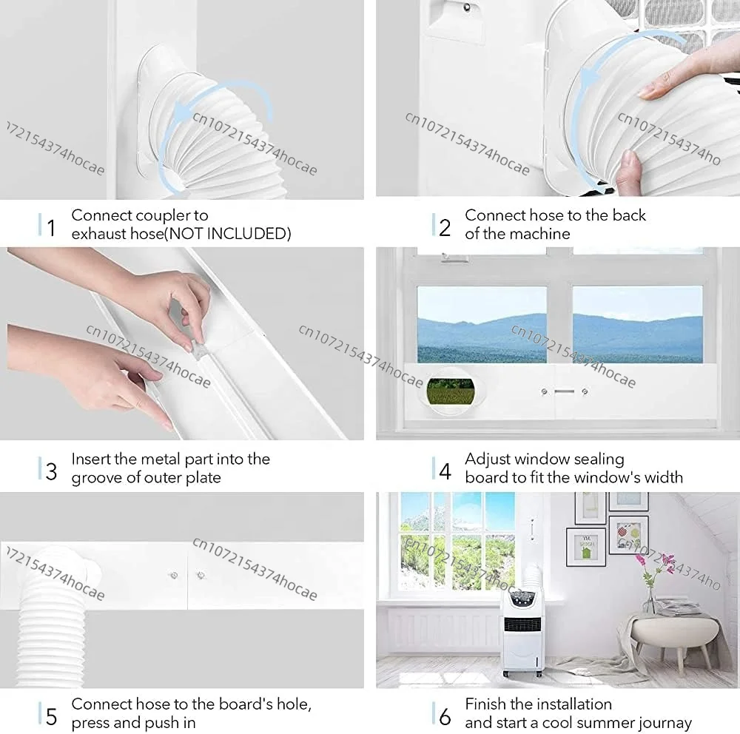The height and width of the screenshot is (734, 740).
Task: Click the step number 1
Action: click(52, 227)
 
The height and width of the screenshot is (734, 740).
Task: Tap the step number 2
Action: click(445, 227)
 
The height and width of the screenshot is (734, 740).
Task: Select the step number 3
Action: click(52, 471)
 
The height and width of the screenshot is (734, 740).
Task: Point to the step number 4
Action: click(445, 471)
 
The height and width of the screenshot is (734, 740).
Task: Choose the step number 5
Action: click(52, 716)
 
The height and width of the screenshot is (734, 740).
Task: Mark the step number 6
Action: click(445, 716)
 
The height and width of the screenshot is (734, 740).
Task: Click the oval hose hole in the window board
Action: click(451, 391)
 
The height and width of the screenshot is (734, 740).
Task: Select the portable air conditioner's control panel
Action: click(522, 599)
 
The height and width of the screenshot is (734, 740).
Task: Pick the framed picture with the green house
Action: click(585, 547)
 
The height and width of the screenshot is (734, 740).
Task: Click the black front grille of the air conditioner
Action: click(522, 624)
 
